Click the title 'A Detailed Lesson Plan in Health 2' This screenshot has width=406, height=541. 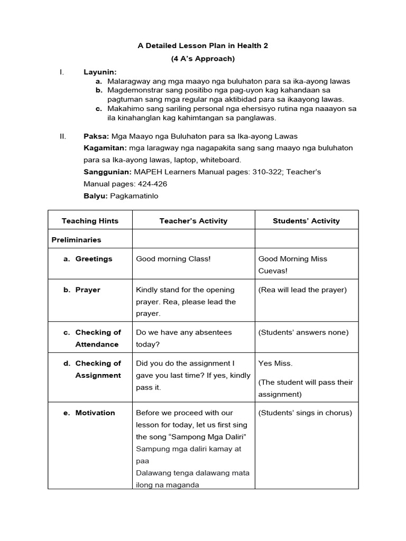203,46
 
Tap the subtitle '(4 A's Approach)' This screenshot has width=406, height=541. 203,59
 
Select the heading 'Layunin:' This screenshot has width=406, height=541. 100,72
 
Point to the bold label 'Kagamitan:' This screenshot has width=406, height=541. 105,148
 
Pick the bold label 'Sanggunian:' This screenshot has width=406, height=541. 107,172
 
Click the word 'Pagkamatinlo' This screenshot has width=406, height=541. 134,195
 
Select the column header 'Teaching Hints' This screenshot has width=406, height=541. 90,221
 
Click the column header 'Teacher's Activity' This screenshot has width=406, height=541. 193,221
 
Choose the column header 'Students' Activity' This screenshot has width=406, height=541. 306,221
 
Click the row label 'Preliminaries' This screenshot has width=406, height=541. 76,240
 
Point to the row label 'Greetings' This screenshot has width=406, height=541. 94,259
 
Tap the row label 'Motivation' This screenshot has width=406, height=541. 95,413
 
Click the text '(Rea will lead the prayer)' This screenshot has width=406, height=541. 302,290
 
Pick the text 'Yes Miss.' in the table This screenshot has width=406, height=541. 275,363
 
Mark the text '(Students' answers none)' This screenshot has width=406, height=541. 303,332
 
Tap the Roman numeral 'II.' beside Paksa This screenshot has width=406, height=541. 63,136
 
